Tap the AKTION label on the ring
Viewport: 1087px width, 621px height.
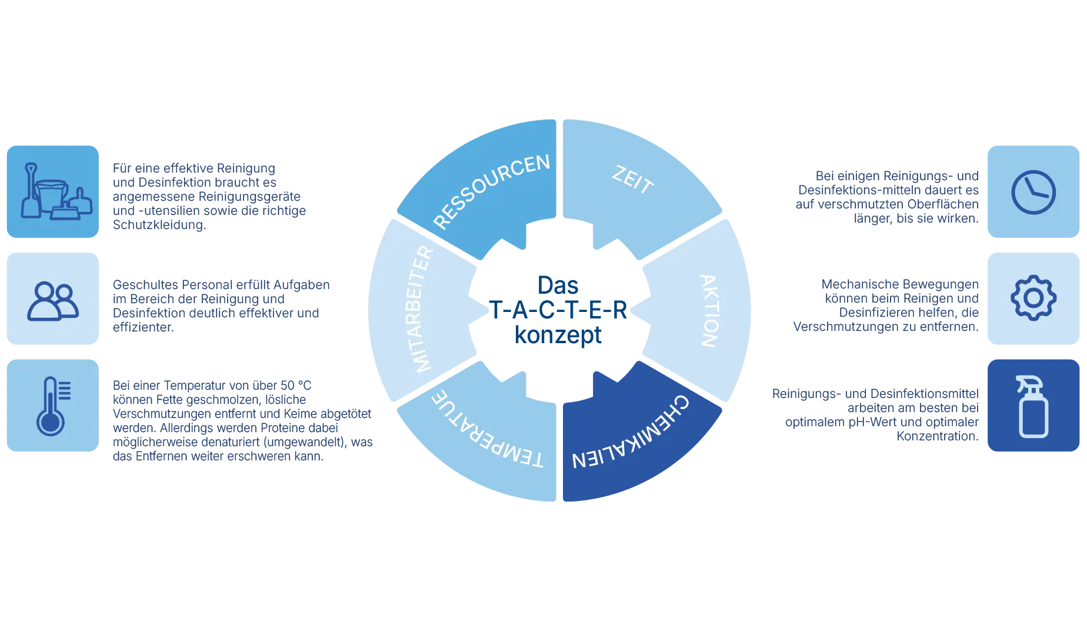click(x=709, y=310)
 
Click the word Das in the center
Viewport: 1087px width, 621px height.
click(x=558, y=285)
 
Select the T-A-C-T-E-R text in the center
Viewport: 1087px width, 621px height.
click(x=558, y=310)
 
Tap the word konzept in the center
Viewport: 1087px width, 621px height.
click(x=558, y=335)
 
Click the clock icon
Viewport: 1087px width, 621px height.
click(x=1033, y=192)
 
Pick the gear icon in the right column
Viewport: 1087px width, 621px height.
click(x=1033, y=298)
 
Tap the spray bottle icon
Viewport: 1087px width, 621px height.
click(x=1033, y=406)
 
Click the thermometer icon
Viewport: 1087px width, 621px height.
click(x=52, y=406)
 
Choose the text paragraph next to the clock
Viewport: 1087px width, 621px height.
click(x=887, y=197)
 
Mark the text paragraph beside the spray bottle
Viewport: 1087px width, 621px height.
click(x=876, y=414)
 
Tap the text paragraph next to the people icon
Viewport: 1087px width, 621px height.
click(x=221, y=305)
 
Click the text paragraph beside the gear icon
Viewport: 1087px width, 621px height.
click(x=885, y=305)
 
